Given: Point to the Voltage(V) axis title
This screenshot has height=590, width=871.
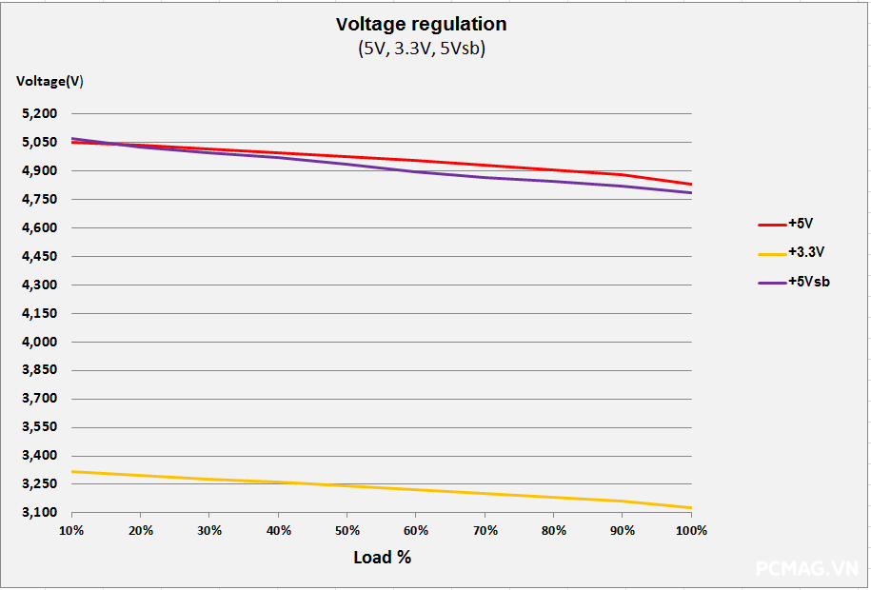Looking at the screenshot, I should (49, 81).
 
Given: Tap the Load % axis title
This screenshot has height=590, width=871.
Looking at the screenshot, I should (382, 557).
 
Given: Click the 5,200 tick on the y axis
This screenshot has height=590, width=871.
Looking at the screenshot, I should (39, 114).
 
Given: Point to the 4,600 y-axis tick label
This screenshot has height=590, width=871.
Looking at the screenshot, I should (39, 228).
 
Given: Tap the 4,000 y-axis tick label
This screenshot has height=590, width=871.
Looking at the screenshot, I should (39, 342).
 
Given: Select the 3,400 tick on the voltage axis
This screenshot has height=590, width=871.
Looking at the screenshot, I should (39, 456).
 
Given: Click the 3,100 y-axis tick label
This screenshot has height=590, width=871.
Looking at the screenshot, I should (39, 513).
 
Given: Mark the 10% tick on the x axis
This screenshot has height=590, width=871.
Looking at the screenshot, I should (71, 530).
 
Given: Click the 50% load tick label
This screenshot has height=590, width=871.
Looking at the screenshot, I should (347, 530).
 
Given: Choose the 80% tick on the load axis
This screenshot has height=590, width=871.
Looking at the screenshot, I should (554, 530).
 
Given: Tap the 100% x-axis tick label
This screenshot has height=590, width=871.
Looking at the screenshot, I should (691, 530).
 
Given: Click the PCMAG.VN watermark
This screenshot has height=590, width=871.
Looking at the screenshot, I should (807, 568).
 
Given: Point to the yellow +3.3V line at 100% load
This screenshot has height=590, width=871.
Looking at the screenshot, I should (690, 507).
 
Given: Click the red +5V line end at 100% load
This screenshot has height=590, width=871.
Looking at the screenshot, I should (690, 184).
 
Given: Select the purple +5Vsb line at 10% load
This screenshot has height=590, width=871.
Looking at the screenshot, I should (72, 139).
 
